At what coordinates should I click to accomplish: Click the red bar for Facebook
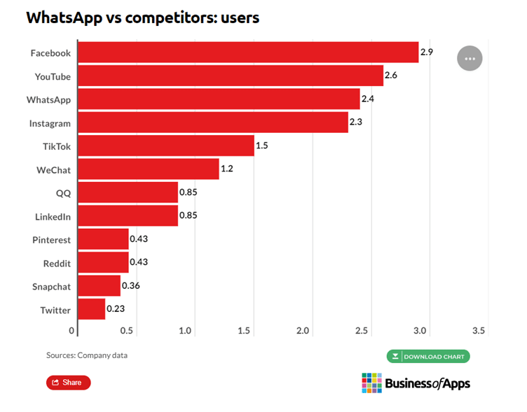(247, 52)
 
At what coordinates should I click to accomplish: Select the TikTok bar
(165, 145)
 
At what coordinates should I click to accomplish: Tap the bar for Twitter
(91, 309)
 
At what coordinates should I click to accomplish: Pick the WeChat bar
(148, 169)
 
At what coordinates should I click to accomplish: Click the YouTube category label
(53, 76)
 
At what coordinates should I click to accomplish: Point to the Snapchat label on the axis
(51, 286)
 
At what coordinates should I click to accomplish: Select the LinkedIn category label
(53, 216)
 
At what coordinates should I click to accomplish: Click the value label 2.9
(427, 52)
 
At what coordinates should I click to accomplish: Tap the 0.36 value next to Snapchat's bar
(131, 285)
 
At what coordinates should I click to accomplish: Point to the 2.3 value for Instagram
(356, 122)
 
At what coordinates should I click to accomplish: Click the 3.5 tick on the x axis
(479, 330)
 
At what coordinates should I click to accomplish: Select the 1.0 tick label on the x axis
(186, 330)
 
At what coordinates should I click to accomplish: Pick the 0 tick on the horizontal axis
(71, 330)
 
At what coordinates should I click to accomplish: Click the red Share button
(68, 382)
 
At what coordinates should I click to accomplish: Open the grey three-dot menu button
(470, 58)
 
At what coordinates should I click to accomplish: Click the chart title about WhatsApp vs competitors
(142, 17)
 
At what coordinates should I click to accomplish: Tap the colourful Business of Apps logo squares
(371, 383)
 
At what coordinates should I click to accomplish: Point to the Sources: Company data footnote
(87, 355)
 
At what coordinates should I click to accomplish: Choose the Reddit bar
(103, 262)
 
